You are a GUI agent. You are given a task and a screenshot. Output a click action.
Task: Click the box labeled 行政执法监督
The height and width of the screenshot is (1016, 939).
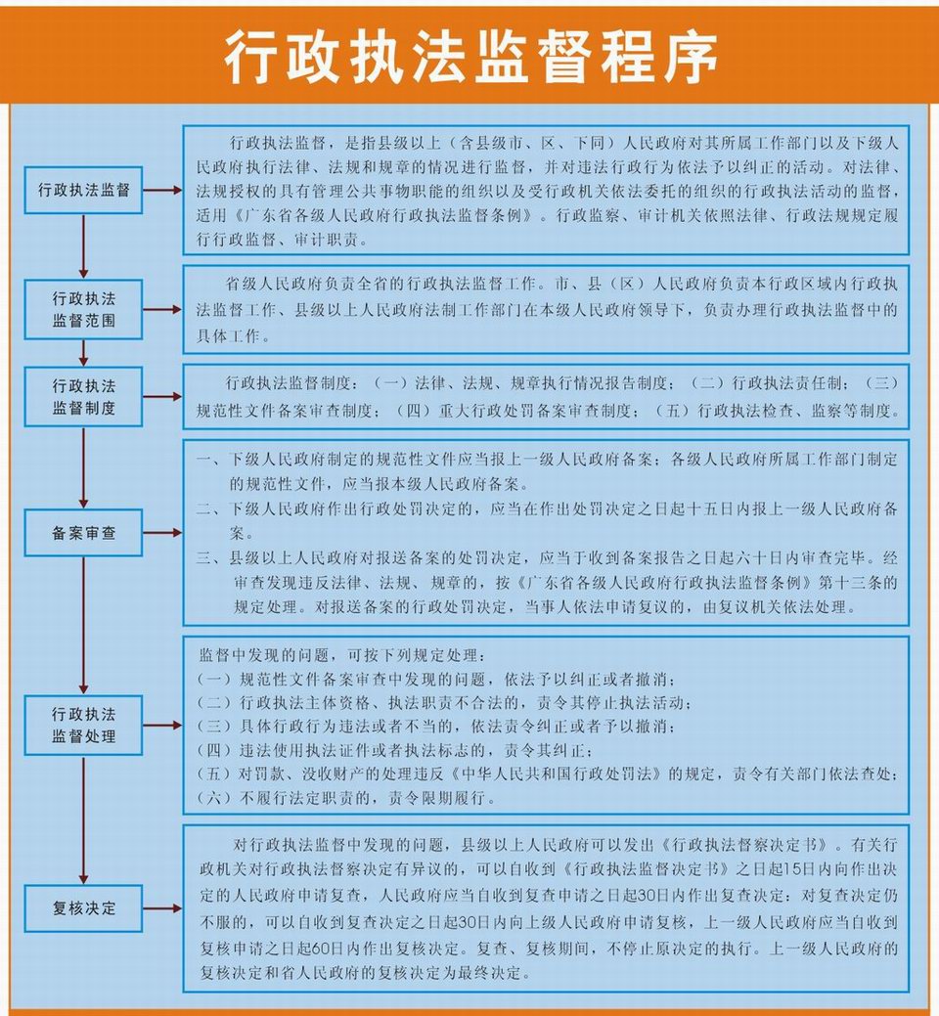coord(83,190)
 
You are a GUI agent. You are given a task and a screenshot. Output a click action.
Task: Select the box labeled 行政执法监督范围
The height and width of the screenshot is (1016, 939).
coord(83,309)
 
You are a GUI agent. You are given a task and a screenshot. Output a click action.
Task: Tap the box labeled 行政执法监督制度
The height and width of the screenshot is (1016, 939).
coord(83,397)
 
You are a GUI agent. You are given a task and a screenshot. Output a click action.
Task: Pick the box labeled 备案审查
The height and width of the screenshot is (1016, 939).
coord(83,533)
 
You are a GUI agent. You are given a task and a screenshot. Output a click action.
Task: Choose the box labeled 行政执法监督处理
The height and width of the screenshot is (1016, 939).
coord(83,725)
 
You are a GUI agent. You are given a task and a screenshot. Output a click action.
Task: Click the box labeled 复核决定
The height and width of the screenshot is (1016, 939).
coord(83,908)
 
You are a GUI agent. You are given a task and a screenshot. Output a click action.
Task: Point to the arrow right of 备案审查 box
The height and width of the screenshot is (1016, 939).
coord(162,533)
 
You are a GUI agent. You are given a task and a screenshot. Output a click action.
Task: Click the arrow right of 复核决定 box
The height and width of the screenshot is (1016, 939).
coord(162,908)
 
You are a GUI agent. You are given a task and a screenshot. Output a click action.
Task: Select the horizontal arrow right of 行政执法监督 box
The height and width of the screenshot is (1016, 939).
coord(162,190)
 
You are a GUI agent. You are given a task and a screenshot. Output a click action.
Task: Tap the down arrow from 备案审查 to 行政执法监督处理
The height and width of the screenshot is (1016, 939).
coord(83,625)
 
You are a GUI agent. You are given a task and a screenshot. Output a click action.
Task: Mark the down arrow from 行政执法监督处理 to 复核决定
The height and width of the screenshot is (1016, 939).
coord(83,820)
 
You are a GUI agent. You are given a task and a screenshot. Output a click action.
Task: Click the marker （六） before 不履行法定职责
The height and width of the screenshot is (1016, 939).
coord(214,798)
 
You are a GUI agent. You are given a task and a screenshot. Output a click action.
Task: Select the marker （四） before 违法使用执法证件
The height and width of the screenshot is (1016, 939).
coord(214,750)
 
